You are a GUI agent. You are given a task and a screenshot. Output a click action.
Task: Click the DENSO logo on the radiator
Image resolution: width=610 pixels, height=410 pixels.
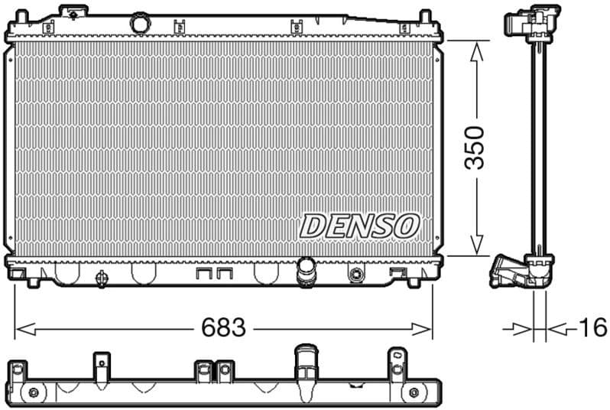(x=360, y=226)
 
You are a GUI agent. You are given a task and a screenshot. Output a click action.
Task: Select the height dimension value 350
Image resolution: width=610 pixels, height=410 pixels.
(x=475, y=148)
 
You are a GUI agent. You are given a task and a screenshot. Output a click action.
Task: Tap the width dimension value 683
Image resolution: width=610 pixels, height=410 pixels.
(x=223, y=328)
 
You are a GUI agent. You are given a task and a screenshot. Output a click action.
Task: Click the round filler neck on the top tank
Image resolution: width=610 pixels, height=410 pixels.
(x=139, y=23)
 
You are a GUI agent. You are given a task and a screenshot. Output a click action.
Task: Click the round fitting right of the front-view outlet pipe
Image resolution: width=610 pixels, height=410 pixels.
(x=355, y=275)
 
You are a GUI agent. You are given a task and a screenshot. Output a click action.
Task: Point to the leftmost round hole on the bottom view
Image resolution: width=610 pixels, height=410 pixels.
(x=33, y=393)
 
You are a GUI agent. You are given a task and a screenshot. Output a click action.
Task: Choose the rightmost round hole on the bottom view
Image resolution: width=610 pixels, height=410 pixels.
(x=414, y=392)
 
